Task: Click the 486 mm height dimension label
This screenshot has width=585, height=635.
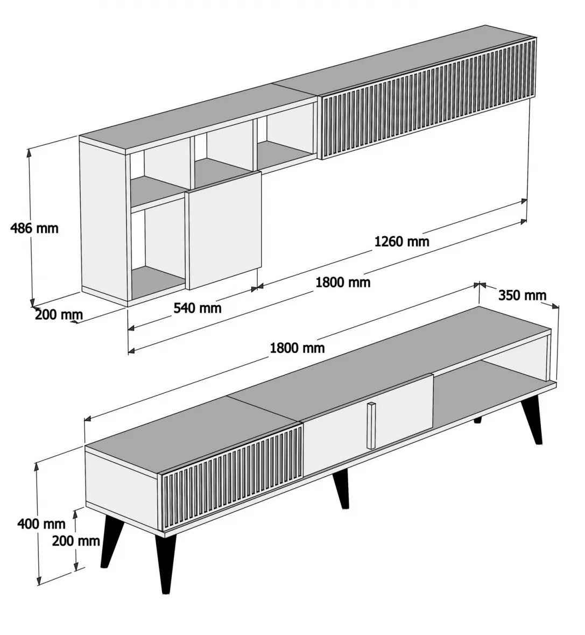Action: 34,228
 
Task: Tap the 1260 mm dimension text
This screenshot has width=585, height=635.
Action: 401,242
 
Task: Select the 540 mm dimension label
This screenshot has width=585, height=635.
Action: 198,308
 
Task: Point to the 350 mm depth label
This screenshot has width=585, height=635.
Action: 522,295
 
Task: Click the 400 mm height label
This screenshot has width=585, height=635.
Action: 41,524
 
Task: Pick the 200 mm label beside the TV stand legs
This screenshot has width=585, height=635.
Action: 76,540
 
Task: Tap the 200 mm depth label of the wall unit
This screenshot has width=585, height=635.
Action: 59,314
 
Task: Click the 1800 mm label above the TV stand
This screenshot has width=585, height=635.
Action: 298,348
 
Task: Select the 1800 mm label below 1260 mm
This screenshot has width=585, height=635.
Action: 343,282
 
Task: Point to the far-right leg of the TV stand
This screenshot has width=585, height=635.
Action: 532,420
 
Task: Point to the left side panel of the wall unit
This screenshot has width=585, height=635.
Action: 104,221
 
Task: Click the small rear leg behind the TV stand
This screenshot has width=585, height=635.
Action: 478,420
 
